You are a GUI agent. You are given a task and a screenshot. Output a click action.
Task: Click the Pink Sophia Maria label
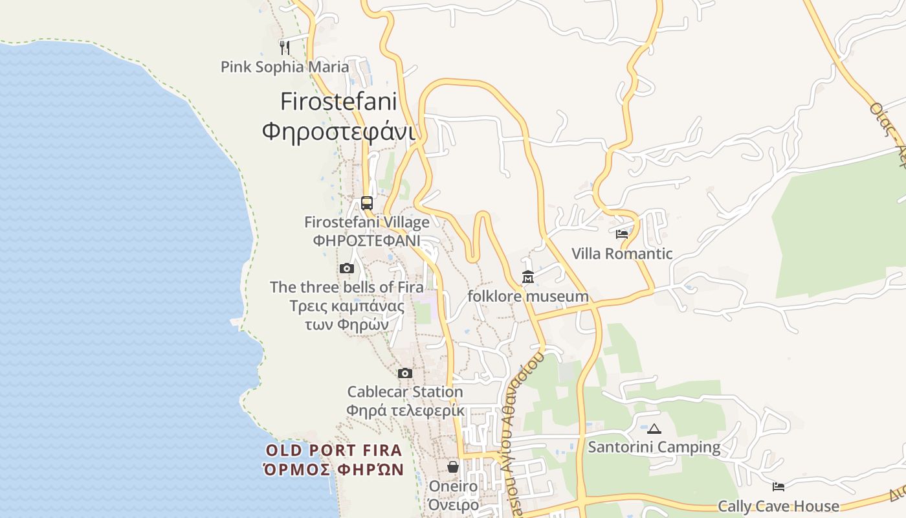click(x=285, y=67)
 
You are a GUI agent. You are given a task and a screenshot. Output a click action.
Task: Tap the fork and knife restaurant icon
click(x=284, y=47)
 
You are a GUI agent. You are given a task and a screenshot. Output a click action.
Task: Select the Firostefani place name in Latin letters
click(x=338, y=102)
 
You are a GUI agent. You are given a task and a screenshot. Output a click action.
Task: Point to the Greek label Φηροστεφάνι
click(x=338, y=131)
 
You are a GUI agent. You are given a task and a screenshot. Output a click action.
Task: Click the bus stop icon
click(x=367, y=203)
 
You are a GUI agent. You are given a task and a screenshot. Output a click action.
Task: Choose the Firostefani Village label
click(x=367, y=222)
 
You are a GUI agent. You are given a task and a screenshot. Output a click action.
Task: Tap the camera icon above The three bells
click(x=347, y=268)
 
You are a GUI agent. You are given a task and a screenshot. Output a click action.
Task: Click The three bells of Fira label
click(x=347, y=287)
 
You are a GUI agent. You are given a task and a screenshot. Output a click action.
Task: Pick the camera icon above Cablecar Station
click(x=405, y=373)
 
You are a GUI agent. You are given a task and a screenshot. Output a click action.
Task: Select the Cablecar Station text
click(x=405, y=392)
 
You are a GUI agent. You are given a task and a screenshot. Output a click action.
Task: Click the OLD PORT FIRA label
click(x=334, y=450)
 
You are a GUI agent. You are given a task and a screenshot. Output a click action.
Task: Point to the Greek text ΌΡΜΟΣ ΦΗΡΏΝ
click(x=334, y=469)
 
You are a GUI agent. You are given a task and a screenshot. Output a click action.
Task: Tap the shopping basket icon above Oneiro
click(x=453, y=466)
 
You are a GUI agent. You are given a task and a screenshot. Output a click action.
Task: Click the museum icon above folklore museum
click(x=528, y=277)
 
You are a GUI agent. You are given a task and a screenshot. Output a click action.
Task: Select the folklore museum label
click(x=528, y=297)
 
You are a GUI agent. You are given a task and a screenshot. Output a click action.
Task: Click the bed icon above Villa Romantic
click(x=622, y=234)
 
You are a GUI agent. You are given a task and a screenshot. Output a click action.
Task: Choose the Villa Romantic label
click(x=622, y=254)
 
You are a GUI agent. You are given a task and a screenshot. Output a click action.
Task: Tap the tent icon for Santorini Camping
click(x=654, y=429)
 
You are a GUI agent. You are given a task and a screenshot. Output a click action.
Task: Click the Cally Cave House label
click(x=779, y=506)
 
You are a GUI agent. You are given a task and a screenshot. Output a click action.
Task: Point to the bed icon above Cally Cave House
click(x=779, y=486)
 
